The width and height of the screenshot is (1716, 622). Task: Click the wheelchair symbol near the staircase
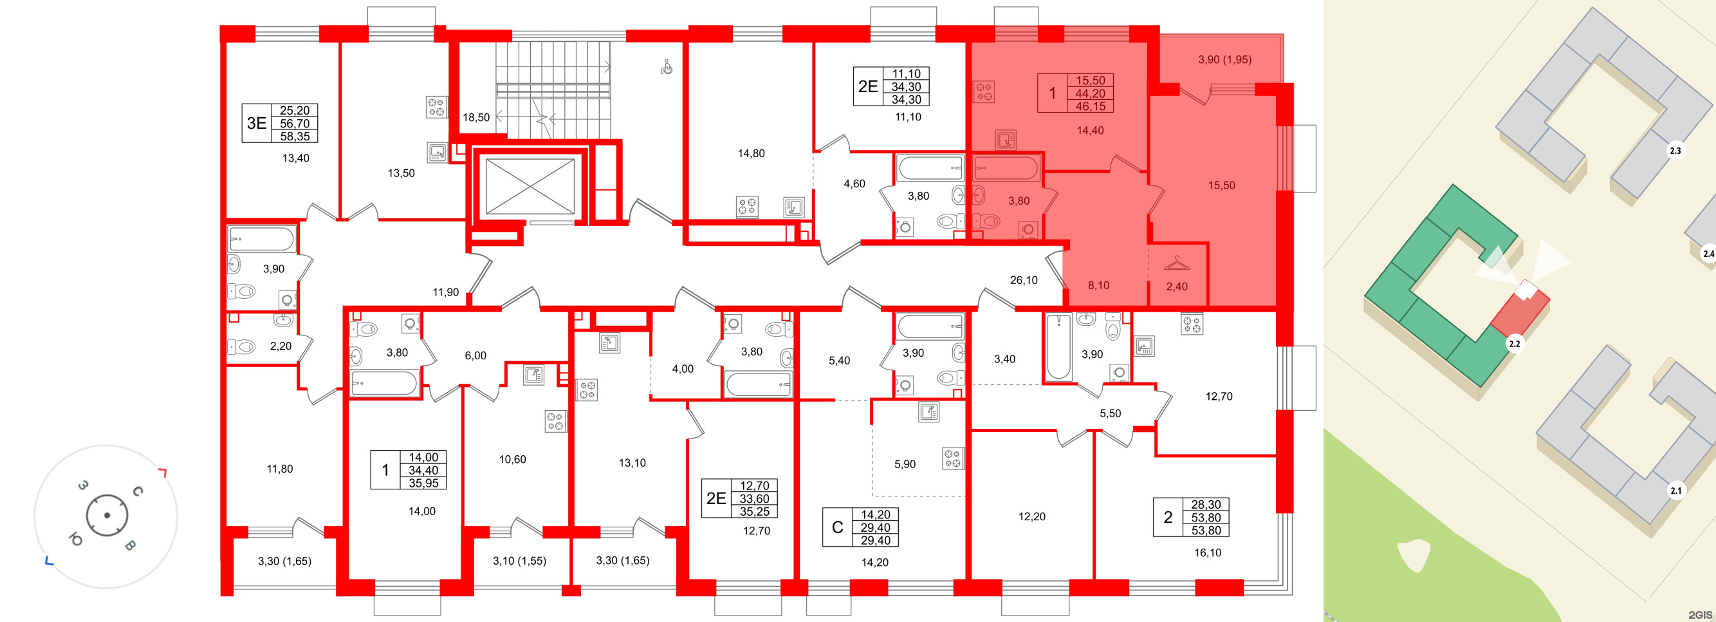coord(666,68)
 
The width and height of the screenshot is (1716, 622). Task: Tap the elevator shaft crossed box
coord(530,187)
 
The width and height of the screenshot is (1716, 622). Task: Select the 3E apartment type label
coord(257,124)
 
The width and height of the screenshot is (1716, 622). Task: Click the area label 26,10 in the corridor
coord(1023,280)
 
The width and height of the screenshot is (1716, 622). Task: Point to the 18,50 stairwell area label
coord(476,118)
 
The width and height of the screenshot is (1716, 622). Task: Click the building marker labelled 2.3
coord(1675,151)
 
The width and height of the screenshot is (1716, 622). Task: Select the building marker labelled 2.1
coord(1675,491)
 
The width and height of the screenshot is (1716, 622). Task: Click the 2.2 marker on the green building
coord(1514,344)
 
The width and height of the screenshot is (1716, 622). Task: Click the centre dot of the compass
coord(107,515)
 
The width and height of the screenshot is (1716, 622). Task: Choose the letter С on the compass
coord(138,491)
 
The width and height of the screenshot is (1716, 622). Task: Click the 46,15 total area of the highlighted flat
coord(1090,107)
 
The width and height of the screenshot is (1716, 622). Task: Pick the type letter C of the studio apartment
coord(837,527)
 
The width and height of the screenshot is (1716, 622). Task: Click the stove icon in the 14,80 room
coord(747,206)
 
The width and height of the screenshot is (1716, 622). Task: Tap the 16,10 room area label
coord(1207,552)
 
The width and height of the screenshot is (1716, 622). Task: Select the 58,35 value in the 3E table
coord(295,137)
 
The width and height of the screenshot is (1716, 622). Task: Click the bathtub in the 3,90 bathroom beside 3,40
coord(1058,346)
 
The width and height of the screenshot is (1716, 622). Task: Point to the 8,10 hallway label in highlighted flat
coord(1098,285)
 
